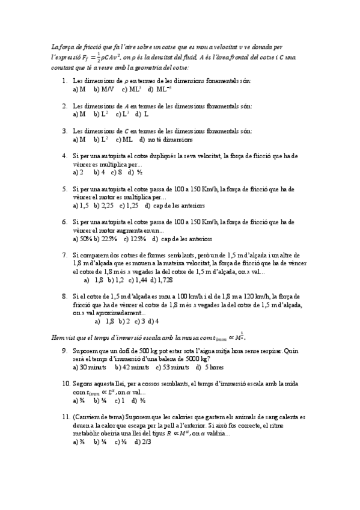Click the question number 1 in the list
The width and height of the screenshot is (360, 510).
[x=64, y=81]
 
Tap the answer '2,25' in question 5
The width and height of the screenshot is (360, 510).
[x=107, y=205]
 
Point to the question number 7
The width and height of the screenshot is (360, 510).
[x=64, y=255]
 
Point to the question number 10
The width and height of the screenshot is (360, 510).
[x=66, y=383]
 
